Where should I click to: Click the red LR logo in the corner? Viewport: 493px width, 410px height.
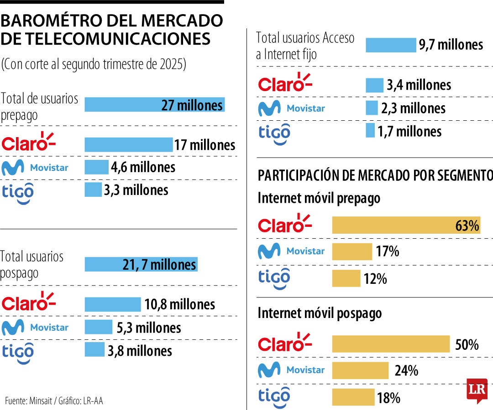[477, 390]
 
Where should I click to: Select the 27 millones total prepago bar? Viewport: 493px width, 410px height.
[154, 105]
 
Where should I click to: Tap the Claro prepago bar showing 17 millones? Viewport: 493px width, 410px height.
[128, 144]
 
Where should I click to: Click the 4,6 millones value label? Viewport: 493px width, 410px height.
[143, 167]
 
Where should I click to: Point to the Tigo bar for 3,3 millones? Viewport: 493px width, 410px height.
[93, 190]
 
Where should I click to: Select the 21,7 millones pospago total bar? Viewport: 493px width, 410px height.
[141, 264]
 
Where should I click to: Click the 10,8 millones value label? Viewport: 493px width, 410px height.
[180, 304]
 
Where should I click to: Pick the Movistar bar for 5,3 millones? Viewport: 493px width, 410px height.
[98, 327]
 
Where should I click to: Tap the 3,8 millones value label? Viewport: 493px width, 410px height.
[140, 350]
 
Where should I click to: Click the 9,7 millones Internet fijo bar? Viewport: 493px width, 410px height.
[391, 45]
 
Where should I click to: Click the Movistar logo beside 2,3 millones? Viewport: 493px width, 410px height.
[291, 108]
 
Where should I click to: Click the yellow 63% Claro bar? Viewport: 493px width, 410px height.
[406, 225]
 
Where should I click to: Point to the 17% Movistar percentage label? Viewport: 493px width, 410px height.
[388, 251]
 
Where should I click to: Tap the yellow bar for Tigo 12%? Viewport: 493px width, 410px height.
[346, 278]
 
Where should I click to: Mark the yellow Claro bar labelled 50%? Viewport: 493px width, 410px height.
[391, 344]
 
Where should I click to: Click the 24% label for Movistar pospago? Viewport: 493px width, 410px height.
[406, 370]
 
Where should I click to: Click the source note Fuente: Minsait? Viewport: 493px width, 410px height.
[54, 400]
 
